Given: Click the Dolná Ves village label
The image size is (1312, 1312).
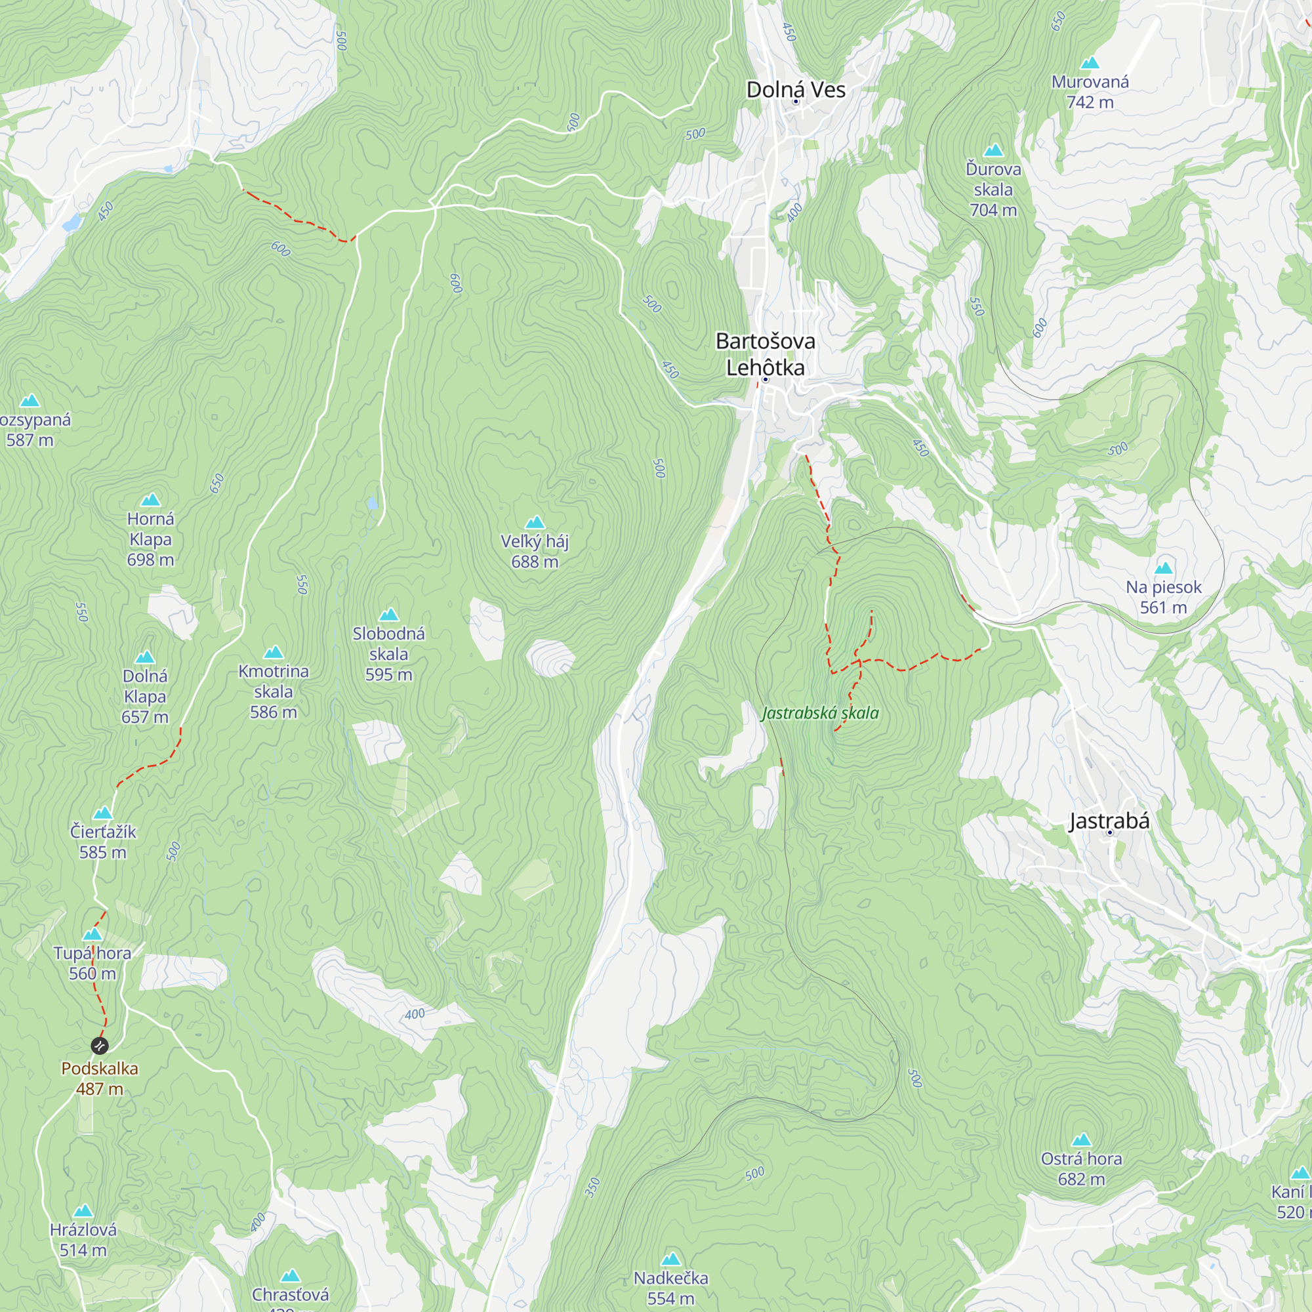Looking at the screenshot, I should point(795,89).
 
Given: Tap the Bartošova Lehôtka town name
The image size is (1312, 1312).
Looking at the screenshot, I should point(766,354).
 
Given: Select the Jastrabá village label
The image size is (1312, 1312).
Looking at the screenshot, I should point(1109,821).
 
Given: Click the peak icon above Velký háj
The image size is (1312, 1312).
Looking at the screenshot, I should point(535,522).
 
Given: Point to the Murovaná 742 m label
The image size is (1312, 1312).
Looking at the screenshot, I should point(1090,92).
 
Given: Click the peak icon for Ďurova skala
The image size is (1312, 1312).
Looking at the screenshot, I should point(993,150).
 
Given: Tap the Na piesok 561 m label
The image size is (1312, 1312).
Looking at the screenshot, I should point(1163,597).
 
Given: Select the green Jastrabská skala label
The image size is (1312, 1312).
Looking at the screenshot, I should point(821,712).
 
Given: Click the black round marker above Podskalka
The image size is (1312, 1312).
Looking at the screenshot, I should point(100,1045).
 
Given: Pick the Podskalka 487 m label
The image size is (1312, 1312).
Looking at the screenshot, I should point(100,1078).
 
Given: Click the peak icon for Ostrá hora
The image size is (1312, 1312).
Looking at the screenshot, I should point(1081,1139).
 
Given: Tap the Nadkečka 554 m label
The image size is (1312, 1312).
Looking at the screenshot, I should point(671,1288).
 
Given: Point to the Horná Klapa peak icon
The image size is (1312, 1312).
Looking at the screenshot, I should point(150,500).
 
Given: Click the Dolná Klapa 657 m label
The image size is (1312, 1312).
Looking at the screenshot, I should point(144,696).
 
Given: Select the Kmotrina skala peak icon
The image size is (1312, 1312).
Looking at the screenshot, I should point(273,653).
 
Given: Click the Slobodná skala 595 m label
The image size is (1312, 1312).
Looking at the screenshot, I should point(388,653).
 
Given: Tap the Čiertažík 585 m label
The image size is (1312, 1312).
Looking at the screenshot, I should point(102,842).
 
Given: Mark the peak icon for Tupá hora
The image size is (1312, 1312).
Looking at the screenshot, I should point(92,934).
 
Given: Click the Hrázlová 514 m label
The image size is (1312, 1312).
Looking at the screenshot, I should point(83,1239).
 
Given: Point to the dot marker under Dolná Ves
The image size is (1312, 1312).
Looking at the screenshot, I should point(796,102).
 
